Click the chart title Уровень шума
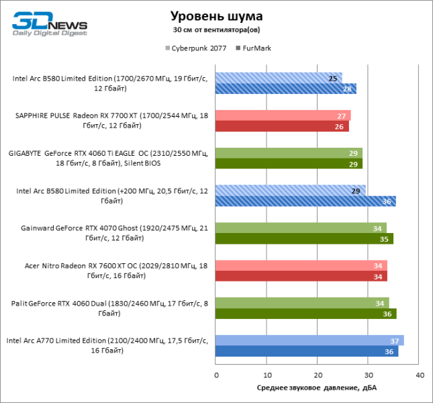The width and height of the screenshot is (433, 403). [x=216, y=15]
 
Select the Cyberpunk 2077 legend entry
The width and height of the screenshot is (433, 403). [x=195, y=48]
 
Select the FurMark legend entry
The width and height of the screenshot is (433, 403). [x=254, y=48]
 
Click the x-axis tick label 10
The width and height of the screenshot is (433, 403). [x=267, y=374]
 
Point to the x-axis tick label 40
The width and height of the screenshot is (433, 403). [x=420, y=374]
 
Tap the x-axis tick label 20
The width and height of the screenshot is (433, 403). [x=318, y=374]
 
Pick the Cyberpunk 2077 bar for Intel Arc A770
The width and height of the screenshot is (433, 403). [x=309, y=340]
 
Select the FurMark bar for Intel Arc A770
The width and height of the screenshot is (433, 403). [x=306, y=351]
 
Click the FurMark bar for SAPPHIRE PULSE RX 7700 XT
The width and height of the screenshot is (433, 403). [x=282, y=126]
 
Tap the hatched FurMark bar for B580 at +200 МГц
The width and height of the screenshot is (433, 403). [x=305, y=201]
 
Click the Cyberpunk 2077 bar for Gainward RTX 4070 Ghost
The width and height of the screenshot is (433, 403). [x=301, y=228]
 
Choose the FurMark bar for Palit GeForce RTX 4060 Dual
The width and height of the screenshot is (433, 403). [x=305, y=314]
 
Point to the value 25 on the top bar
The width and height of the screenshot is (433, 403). [x=332, y=78]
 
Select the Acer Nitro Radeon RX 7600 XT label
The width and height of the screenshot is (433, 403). [x=111, y=271]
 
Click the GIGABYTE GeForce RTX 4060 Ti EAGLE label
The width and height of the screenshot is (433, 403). [x=108, y=158]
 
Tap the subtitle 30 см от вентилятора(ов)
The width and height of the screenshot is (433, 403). [x=216, y=30]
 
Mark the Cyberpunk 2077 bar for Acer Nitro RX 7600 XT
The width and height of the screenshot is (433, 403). [x=301, y=265]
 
